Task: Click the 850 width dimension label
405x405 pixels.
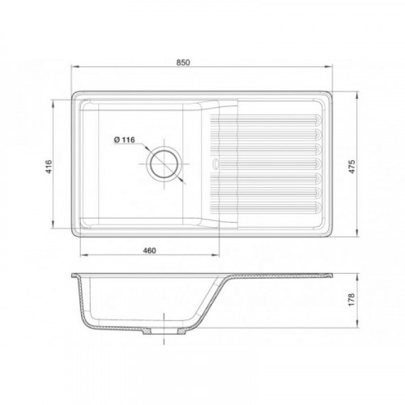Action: click(x=183, y=62)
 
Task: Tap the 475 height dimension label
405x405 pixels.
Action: click(x=352, y=167)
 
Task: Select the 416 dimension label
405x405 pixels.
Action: click(x=49, y=167)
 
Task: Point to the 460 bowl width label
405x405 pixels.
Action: click(x=149, y=250)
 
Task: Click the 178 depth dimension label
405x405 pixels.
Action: click(x=351, y=300)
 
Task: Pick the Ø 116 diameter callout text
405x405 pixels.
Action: click(x=125, y=140)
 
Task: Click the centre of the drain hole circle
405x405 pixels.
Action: click(x=164, y=164)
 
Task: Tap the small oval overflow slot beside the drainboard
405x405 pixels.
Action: click(x=215, y=164)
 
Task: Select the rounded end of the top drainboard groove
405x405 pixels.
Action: click(x=318, y=119)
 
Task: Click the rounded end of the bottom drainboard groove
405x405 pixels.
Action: click(x=318, y=207)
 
